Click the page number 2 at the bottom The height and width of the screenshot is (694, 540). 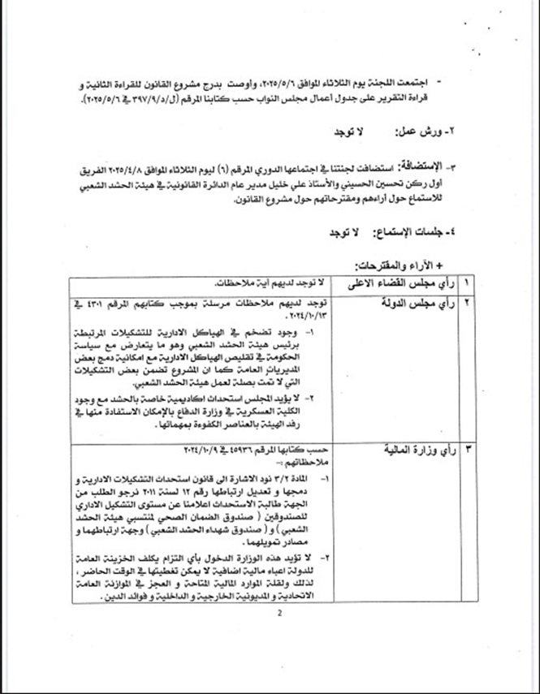coord(277,614)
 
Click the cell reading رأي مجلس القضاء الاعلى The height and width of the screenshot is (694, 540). coord(399,283)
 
